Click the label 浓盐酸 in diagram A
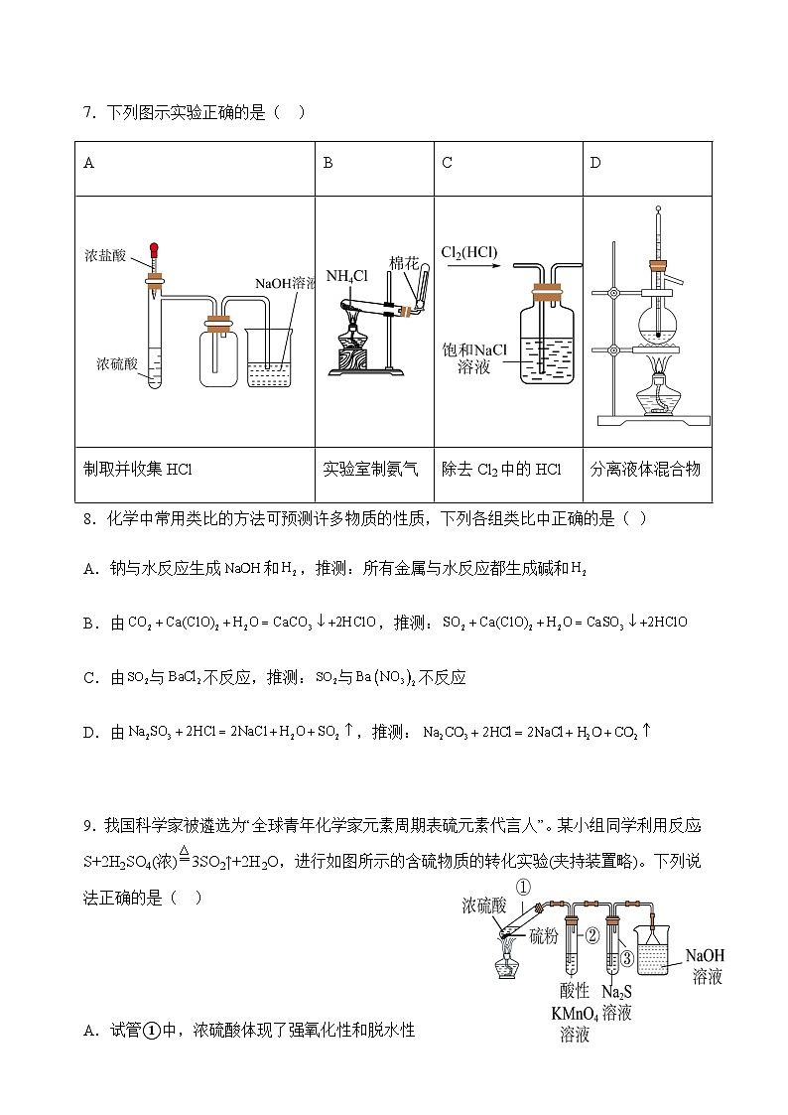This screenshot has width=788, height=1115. point(105,255)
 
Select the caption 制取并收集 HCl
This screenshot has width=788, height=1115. point(137,469)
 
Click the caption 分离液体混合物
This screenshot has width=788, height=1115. point(645,469)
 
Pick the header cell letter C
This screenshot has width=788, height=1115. point(447,163)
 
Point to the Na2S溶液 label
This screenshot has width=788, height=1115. point(617,1003)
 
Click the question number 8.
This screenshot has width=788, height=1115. point(88,518)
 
